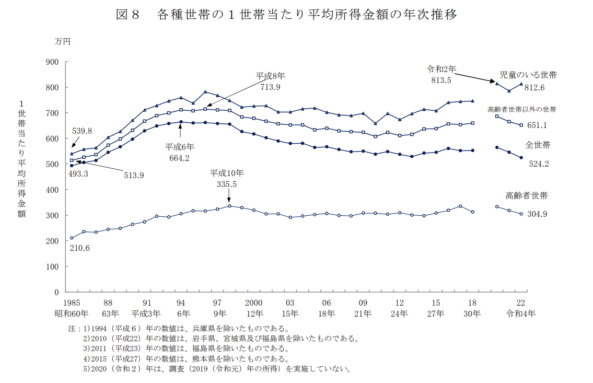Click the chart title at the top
[x=286, y=15]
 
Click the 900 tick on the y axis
[x=52, y=62]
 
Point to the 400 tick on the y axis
[x=52, y=190]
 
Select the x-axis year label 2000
[x=253, y=303]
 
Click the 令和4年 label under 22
[x=521, y=314]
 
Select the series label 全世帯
[x=538, y=145]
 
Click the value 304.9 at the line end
[x=537, y=214]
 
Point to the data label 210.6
[x=79, y=248]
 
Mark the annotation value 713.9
[x=270, y=87]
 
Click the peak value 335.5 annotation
[x=227, y=184]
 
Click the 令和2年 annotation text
[x=442, y=69]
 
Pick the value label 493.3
[x=78, y=174]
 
